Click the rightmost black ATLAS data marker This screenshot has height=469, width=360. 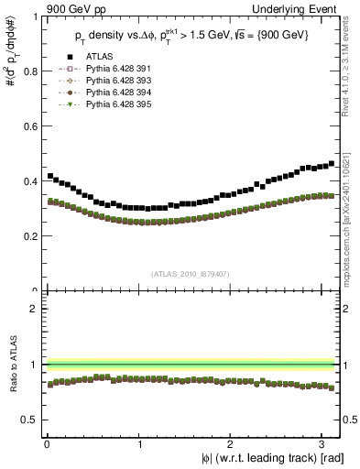(332, 164)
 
